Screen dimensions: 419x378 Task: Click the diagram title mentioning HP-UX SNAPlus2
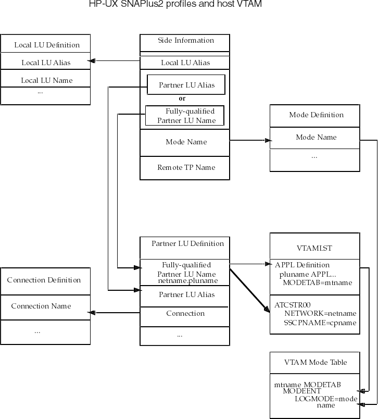[x=175, y=5]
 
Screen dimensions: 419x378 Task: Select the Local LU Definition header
[x=47, y=45]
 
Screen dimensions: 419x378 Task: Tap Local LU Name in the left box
[x=46, y=80]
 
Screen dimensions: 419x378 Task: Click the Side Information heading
[x=186, y=41]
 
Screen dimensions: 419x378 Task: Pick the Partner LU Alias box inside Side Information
[x=186, y=85]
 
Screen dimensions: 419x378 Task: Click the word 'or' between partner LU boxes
[x=182, y=98]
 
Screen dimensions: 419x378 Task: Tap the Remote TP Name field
[x=186, y=168]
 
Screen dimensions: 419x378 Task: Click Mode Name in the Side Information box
[x=186, y=142]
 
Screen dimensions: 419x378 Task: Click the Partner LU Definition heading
[x=187, y=244]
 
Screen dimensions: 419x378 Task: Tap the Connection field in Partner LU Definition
[x=185, y=314]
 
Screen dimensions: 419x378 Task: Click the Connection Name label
[x=41, y=306]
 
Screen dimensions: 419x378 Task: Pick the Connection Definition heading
[x=44, y=280]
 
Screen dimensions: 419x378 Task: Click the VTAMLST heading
[x=314, y=249]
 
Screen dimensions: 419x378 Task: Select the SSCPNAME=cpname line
[x=320, y=323]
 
